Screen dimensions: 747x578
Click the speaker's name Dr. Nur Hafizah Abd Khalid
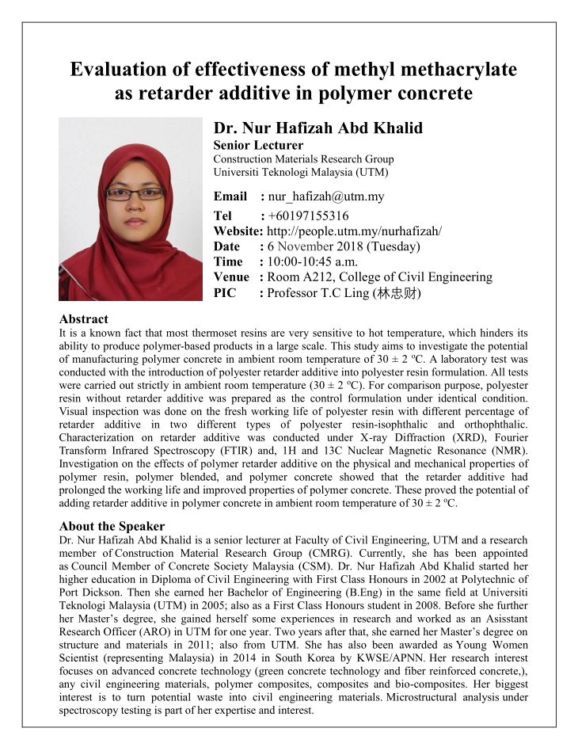pos(318,128)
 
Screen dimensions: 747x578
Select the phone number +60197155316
pos(308,215)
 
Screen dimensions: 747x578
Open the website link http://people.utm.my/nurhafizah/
pos(354,231)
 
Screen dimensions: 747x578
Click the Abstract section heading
pos(84,319)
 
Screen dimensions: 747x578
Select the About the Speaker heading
pos(112,526)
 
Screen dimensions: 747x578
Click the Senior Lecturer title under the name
pos(258,145)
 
